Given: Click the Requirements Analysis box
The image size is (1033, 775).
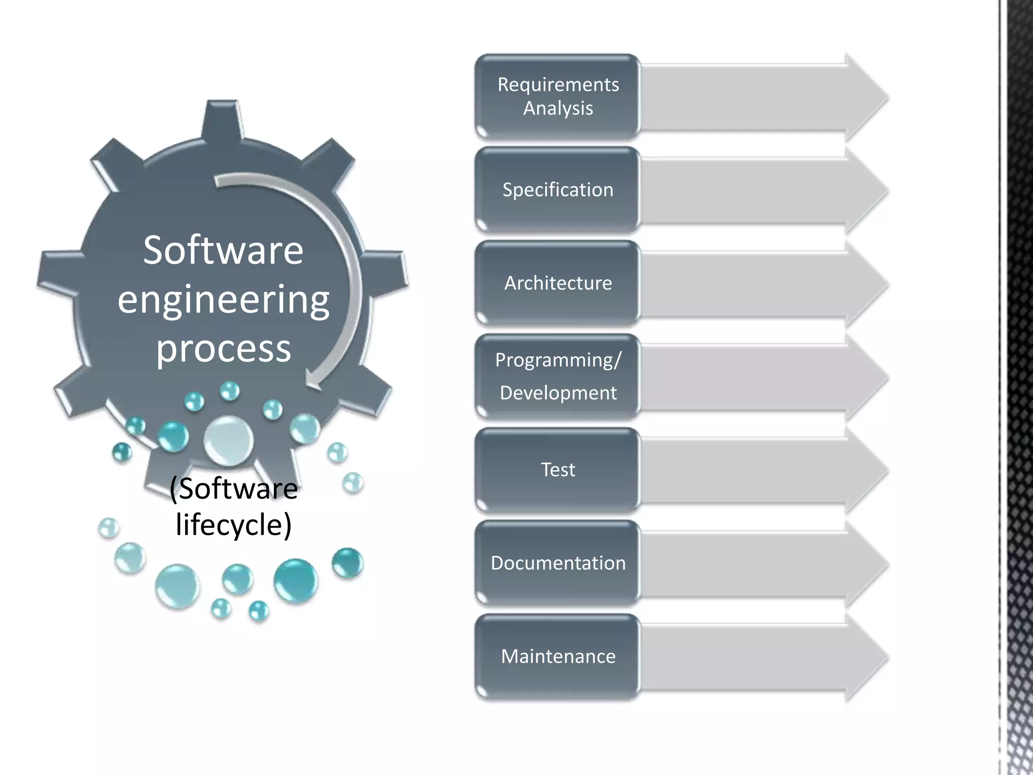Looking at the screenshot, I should point(557,96).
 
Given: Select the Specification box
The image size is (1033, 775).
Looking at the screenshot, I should point(557,190).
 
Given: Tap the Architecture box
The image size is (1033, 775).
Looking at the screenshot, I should point(557,283).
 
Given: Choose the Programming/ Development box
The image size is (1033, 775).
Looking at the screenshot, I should point(557,376).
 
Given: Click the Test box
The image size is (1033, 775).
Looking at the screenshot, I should point(557,470).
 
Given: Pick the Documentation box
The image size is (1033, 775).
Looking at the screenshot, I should point(557,563).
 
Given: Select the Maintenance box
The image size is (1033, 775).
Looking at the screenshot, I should point(557,656).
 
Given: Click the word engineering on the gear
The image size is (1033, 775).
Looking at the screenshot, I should point(223,299).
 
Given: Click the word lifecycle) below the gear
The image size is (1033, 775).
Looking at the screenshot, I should point(234,525).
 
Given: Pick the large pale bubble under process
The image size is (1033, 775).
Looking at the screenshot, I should point(228,440).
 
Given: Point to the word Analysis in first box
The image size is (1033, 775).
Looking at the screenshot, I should point(558,108).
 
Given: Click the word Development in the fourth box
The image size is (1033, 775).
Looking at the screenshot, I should point(558,393).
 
